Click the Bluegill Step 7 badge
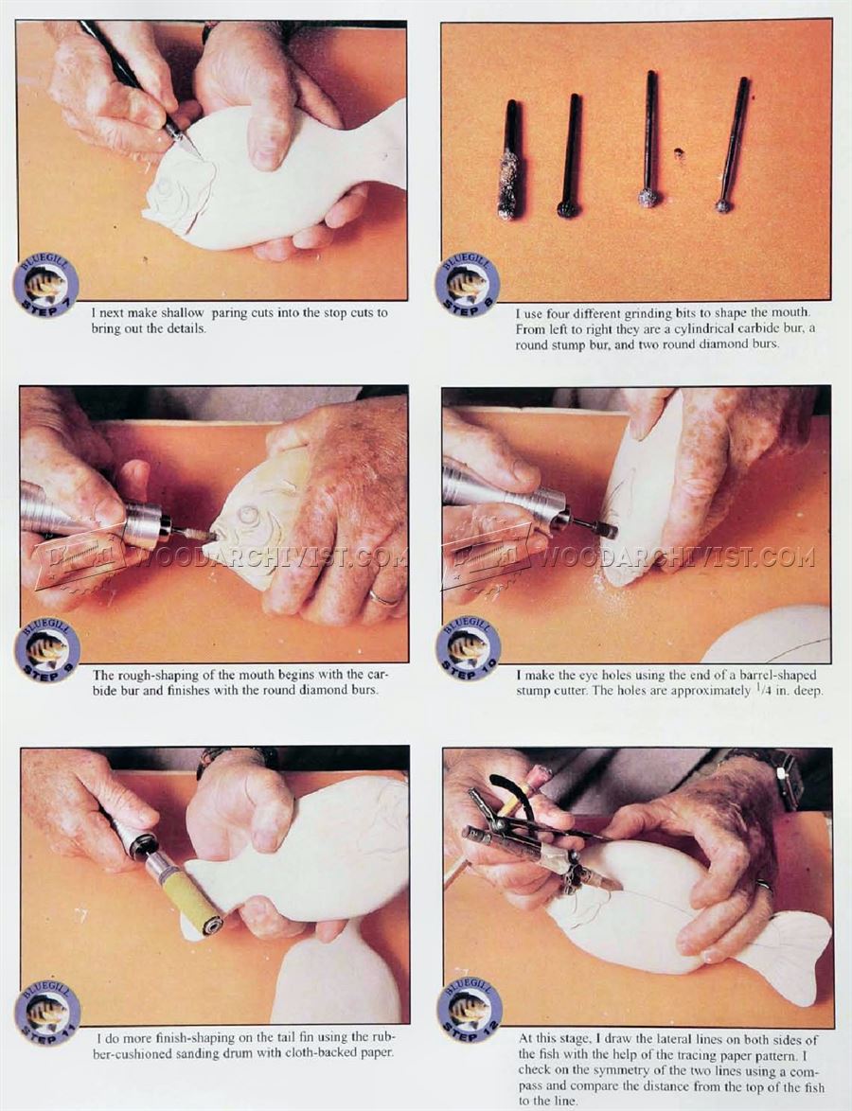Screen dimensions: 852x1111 (x=45, y=286)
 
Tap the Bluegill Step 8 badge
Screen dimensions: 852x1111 (x=467, y=286)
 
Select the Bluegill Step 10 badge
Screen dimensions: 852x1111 (x=468, y=648)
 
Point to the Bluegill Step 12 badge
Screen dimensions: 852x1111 (x=470, y=1010)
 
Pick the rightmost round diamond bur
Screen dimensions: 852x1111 (x=732, y=145)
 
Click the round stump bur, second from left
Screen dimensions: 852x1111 (x=569, y=155)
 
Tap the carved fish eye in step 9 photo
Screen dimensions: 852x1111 (x=249, y=516)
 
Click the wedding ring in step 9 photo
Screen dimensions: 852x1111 (x=383, y=599)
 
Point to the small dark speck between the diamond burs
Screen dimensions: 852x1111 (x=680, y=151)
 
